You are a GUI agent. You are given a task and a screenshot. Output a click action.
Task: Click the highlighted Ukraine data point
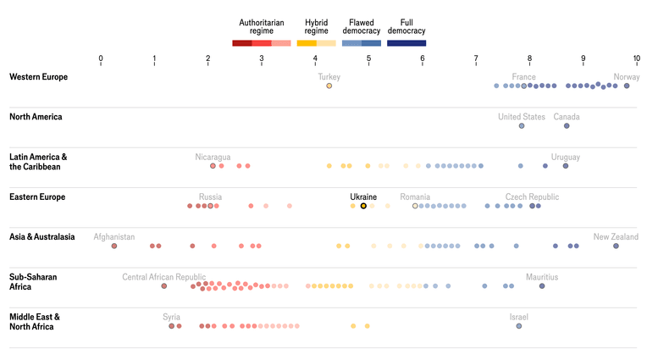pos(363,206)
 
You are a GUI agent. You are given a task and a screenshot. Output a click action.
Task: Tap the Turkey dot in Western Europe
pos(329,86)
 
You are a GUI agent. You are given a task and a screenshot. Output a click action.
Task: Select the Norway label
pos(627,77)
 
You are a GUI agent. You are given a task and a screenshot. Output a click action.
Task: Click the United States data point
pos(522,126)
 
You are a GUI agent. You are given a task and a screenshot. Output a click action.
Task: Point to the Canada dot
pos(567,126)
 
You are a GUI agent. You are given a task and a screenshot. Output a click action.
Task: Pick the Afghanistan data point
pos(114,246)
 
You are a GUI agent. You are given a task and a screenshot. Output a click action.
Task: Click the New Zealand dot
pos(616,246)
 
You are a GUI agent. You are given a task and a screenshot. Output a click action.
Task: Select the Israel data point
pos(518,326)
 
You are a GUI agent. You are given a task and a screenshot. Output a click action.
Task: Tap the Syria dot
pos(171,326)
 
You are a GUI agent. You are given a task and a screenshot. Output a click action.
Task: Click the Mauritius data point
pos(542,286)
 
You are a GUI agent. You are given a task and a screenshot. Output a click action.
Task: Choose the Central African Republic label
pos(163,277)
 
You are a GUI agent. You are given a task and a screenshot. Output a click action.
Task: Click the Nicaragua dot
pos(213,166)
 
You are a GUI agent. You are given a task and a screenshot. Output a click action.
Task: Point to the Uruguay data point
pos(566,166)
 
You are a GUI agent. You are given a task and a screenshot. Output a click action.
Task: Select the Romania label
pos(415,197)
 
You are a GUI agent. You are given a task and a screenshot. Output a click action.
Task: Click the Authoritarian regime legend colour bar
pos(262,43)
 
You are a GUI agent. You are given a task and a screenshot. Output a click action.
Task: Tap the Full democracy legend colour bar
pos(406,43)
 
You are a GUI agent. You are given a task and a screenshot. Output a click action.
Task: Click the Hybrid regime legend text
pos(317,26)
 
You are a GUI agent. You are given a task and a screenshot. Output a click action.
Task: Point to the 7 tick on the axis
pos(476,58)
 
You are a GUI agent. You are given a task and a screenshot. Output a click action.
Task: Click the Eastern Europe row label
pos(37,197)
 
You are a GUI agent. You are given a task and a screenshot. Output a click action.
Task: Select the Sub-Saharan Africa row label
pos(33,281)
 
